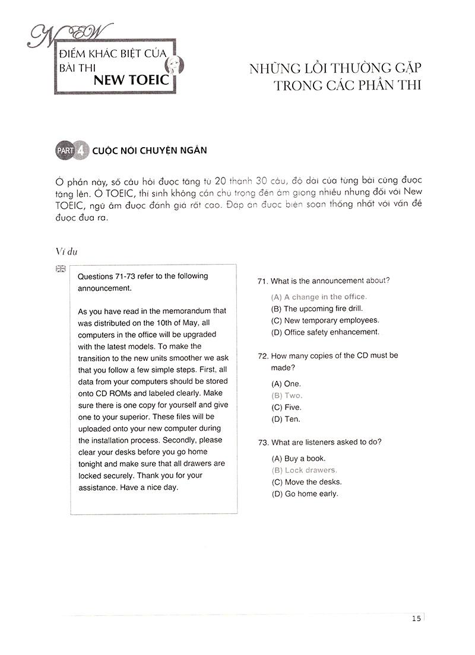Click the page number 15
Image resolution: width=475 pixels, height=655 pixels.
[416, 619]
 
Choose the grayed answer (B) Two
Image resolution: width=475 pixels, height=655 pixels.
[287, 395]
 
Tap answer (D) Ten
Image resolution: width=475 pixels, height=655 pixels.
[286, 419]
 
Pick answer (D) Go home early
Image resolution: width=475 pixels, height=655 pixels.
[305, 494]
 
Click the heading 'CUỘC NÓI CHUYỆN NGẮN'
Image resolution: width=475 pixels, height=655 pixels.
[150, 151]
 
